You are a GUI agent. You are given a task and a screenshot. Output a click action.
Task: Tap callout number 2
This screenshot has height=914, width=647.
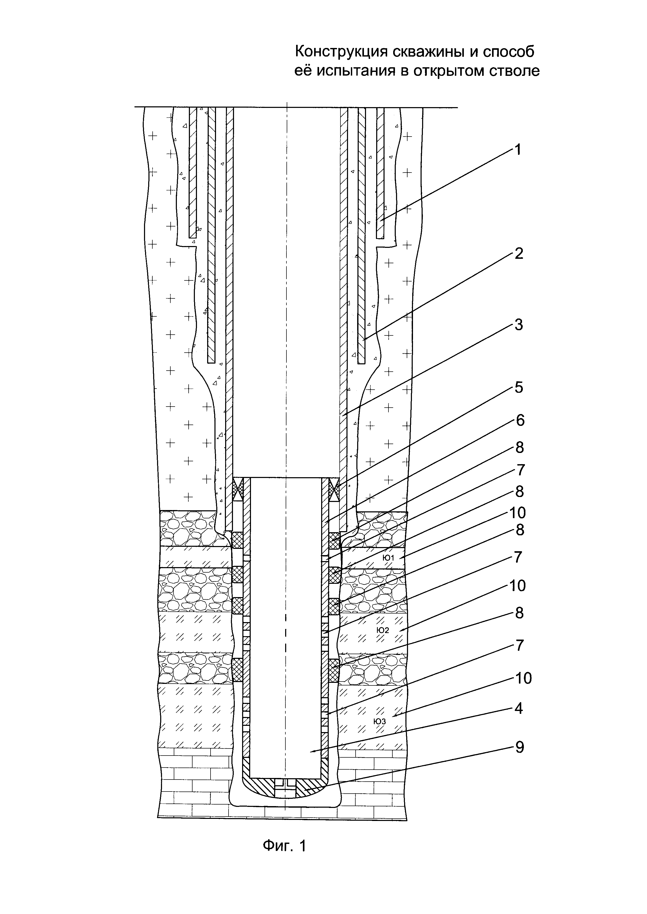[x=518, y=253]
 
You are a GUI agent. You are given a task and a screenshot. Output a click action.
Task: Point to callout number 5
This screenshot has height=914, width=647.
[x=518, y=387]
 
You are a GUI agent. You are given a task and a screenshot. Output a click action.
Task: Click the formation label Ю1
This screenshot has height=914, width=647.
[x=388, y=558]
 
